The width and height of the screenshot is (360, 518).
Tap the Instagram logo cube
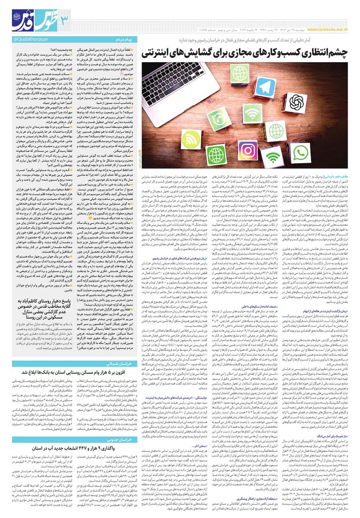(248, 150)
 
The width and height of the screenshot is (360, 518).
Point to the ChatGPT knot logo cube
(297, 102)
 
